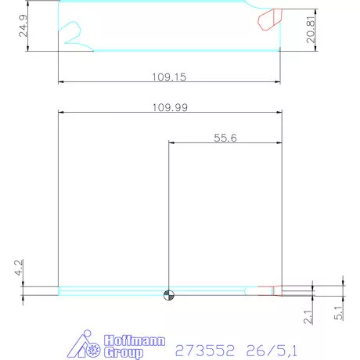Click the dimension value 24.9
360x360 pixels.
(x=24, y=29)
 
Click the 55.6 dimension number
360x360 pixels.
(x=225, y=138)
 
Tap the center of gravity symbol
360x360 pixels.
(x=168, y=295)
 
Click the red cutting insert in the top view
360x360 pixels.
(x=270, y=19)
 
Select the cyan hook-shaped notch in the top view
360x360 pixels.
(x=72, y=33)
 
